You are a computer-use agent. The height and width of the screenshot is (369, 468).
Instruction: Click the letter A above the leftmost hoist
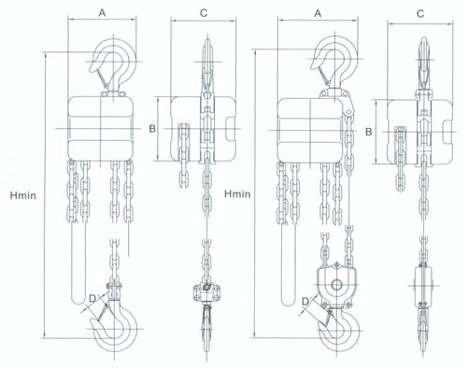point(102,13)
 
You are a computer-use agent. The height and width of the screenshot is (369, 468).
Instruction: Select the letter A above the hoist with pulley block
point(318,13)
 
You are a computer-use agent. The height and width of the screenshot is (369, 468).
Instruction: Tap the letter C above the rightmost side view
point(420,14)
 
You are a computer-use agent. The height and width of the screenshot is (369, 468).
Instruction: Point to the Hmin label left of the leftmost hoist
point(23,196)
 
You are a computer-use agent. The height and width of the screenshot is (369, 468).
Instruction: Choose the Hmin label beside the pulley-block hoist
point(237,194)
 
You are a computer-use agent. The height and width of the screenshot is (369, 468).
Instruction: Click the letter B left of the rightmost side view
point(369,132)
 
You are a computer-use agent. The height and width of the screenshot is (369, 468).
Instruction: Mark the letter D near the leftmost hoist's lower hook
point(92,299)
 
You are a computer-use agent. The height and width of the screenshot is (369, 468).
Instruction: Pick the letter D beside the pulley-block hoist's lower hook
point(305,301)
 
